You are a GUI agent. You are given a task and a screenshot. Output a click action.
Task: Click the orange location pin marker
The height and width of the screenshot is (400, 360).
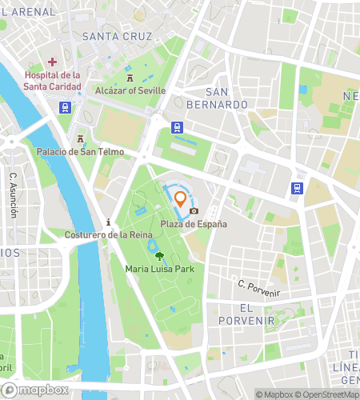[x=180, y=198]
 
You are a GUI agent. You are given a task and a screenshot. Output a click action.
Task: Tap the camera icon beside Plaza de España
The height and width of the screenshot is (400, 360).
[x=194, y=211]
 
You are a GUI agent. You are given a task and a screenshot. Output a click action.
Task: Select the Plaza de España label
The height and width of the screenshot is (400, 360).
[x=194, y=224]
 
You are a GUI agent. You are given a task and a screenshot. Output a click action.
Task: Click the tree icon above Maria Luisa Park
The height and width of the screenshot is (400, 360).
[x=160, y=256]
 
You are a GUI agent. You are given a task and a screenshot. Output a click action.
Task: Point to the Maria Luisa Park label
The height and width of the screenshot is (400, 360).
[x=160, y=269]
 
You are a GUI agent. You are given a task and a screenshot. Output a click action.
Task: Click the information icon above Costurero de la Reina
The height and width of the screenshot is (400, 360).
[x=109, y=222]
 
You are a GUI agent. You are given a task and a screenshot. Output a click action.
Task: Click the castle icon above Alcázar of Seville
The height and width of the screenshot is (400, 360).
[x=130, y=78]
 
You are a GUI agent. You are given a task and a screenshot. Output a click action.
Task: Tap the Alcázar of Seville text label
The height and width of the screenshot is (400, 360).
[x=130, y=90]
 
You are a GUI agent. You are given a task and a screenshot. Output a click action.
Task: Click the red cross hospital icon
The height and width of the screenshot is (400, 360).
[x=52, y=62]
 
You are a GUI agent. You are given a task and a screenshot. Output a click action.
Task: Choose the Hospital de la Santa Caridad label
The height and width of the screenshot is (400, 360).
[x=52, y=81]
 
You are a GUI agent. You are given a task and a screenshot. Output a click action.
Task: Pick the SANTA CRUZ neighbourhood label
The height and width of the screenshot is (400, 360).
[x=118, y=37]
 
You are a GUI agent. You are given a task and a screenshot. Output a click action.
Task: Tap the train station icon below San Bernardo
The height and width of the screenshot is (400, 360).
[x=176, y=126]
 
